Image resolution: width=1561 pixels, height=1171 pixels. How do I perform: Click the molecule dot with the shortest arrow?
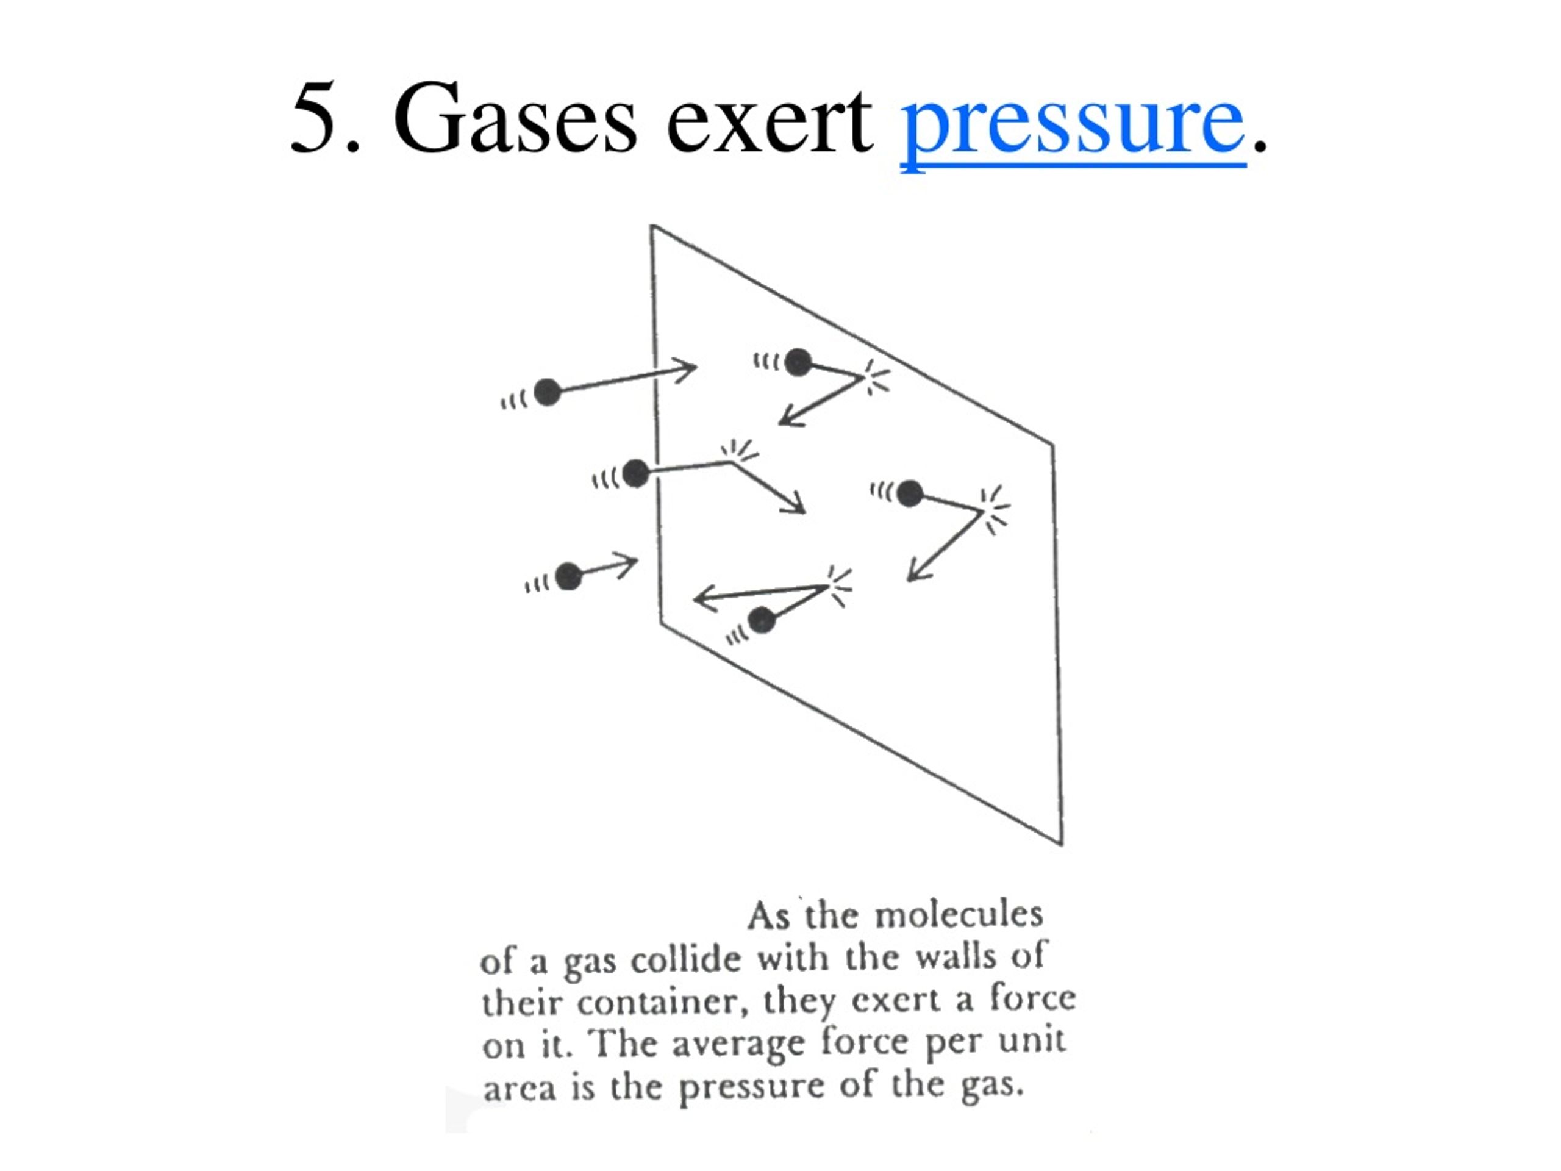[569, 576]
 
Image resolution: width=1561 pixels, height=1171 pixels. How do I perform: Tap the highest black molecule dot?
[798, 362]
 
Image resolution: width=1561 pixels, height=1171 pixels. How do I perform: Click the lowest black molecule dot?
[762, 620]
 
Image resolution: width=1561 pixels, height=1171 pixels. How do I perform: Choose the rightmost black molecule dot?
[910, 493]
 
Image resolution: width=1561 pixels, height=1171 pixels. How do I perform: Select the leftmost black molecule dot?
[547, 392]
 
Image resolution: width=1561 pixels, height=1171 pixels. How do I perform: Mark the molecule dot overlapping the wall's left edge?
[636, 473]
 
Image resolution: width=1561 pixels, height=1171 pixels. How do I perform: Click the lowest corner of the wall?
[1062, 844]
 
